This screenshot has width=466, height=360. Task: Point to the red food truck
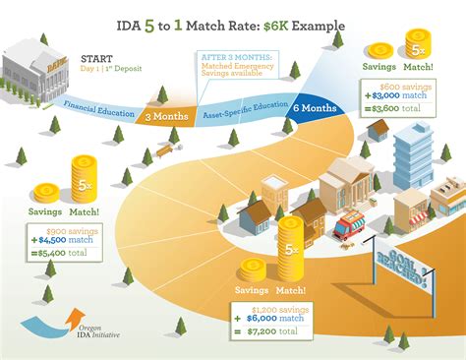[x=351, y=227]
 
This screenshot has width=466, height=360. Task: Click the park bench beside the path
[x=163, y=150]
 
